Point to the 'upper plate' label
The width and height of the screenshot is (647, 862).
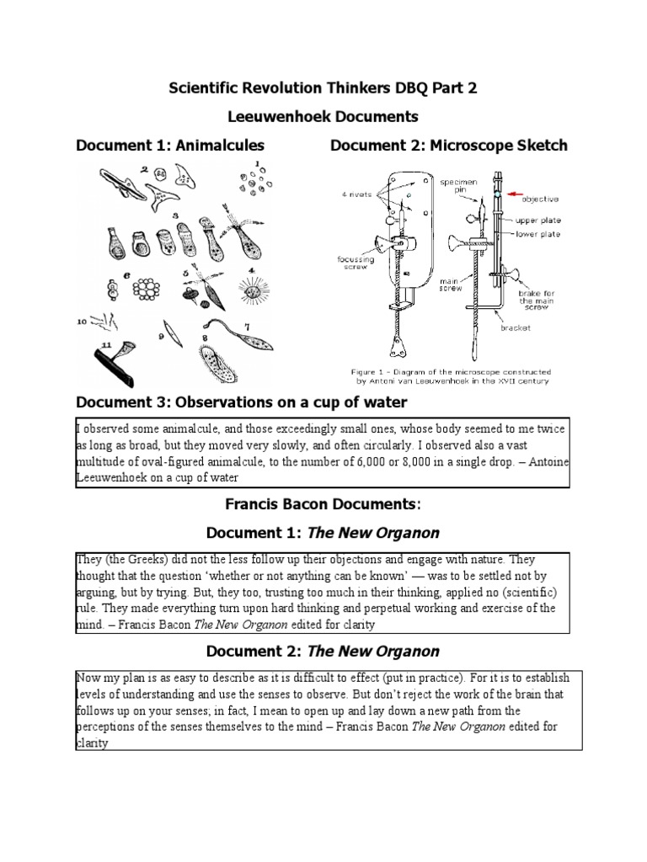[x=537, y=221]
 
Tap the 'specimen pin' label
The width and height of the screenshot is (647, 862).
[x=455, y=185]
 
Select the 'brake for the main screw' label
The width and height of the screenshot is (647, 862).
[x=537, y=294]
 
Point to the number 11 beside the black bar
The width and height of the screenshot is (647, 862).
[x=106, y=344]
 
